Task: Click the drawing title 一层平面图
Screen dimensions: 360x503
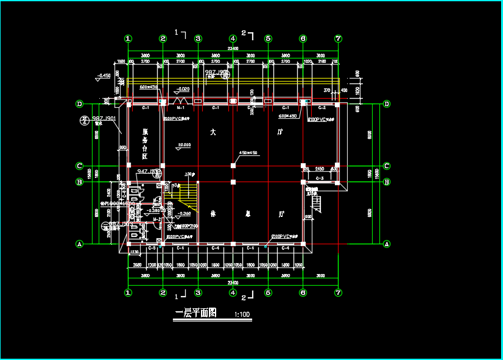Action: pyautogui.click(x=195, y=313)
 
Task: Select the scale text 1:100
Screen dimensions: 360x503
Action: pyautogui.click(x=242, y=315)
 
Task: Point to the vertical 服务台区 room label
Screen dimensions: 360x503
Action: pyautogui.click(x=146, y=143)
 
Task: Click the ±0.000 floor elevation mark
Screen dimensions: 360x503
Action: pyautogui.click(x=183, y=145)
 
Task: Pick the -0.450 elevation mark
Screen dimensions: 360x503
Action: pyautogui.click(x=104, y=76)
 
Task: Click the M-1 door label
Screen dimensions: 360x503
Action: pyautogui.click(x=180, y=108)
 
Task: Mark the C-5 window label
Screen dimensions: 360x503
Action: pyautogui.click(x=152, y=247)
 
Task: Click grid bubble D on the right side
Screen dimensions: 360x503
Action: pyautogui.click(x=387, y=104)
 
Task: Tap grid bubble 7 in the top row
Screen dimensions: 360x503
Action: pyautogui.click(x=338, y=38)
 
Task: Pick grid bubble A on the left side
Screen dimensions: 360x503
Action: pyautogui.click(x=79, y=244)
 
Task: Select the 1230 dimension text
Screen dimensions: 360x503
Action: pyautogui.click(x=135, y=252)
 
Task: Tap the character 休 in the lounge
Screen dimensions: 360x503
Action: pyautogui.click(x=214, y=214)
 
